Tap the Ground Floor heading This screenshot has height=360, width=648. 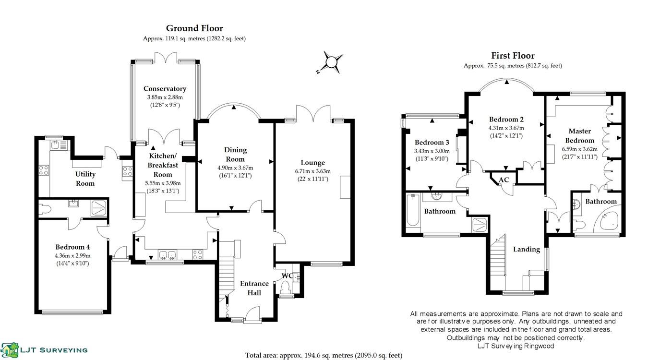pyautogui.click(x=194, y=28)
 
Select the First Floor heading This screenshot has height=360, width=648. pyautogui.click(x=513, y=56)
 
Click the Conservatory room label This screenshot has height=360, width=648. pyautogui.click(x=165, y=89)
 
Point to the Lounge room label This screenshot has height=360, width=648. pyautogui.click(x=312, y=163)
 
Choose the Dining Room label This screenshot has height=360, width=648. pyautogui.click(x=235, y=155)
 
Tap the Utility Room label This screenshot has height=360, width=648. pyautogui.click(x=85, y=179)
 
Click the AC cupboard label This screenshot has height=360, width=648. pyautogui.click(x=504, y=180)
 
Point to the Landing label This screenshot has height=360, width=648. pyautogui.click(x=527, y=249)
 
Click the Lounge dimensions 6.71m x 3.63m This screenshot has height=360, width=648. pyautogui.click(x=312, y=171)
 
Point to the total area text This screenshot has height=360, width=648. pyautogui.click(x=324, y=355)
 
